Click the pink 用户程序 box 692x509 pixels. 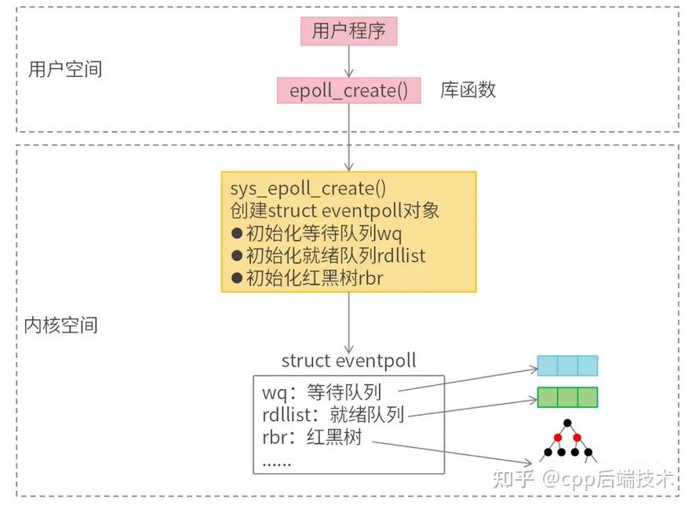(348, 31)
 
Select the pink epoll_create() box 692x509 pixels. (348, 90)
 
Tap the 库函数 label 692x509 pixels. (468, 89)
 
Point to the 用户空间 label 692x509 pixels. (65, 69)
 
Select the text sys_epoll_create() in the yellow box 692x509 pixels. (297, 190)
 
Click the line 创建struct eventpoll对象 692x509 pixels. (334, 211)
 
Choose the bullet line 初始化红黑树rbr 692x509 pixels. (307, 277)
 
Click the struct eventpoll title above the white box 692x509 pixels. (348, 361)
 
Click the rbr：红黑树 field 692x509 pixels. (311, 438)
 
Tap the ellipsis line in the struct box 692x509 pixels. (276, 461)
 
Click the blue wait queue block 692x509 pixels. (567, 365)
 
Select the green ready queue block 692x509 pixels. (567, 397)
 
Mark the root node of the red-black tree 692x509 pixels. (567, 424)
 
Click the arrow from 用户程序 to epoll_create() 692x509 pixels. (348, 60)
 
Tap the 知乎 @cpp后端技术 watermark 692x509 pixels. (583, 479)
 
